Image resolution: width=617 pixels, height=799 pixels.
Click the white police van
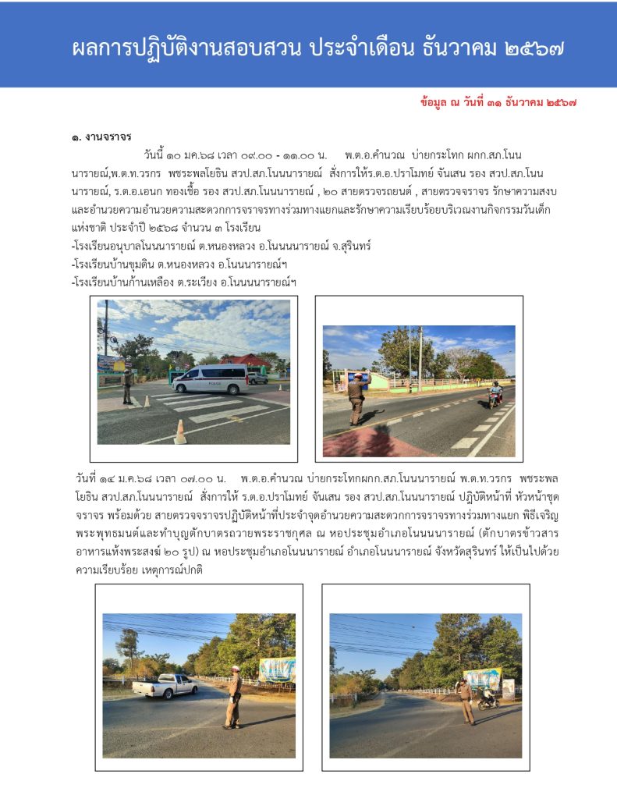click(210, 379)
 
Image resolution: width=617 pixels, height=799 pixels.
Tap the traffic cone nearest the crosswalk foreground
click(180, 431)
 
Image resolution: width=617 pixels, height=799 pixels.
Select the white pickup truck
click(165, 686)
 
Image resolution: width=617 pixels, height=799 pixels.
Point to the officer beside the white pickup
click(233, 696)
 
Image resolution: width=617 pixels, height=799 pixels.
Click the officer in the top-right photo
click(356, 399)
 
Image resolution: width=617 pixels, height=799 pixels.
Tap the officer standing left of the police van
click(127, 386)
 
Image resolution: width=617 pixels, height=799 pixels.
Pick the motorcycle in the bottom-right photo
click(488, 700)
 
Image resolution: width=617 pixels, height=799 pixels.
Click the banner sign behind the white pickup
click(277, 669)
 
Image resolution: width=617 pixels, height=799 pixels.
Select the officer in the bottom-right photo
click(466, 700)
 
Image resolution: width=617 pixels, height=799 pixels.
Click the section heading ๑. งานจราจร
click(101, 137)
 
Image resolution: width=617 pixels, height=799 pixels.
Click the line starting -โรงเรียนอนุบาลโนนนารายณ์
click(221, 246)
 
